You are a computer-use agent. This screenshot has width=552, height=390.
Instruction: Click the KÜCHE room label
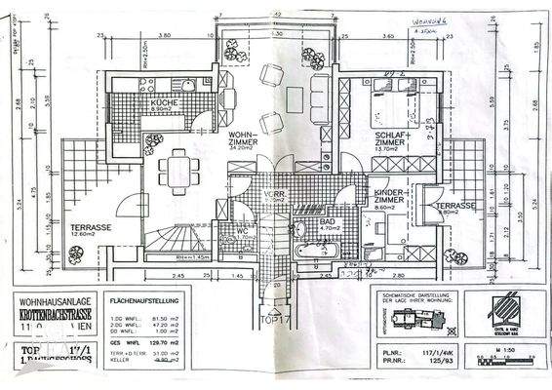point(162,105)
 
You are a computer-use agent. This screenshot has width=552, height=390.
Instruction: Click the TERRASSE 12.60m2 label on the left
point(90,230)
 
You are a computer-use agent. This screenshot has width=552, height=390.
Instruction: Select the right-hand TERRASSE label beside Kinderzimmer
point(454,208)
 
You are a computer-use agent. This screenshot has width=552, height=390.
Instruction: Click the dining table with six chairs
point(178,174)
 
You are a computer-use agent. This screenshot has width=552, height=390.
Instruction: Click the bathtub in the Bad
point(316,251)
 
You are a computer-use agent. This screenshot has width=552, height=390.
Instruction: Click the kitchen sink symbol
point(188,85)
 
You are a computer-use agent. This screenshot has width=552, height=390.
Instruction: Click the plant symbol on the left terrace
point(75,253)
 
